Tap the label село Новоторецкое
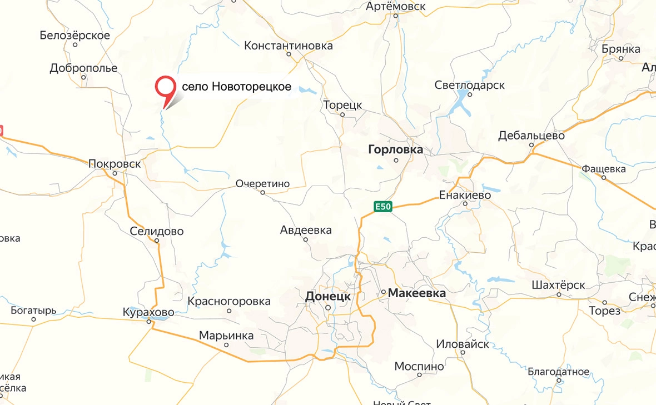tap(237, 88)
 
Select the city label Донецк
tap(328, 297)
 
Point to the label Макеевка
tap(416, 293)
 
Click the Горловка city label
tap(395, 150)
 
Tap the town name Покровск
tap(115, 164)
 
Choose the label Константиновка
tap(289, 46)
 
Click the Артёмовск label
tap(396, 7)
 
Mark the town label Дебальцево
tap(531, 136)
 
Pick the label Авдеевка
tap(306, 230)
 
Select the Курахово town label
tap(148, 312)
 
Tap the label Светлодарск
tap(469, 86)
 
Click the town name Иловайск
tap(463, 344)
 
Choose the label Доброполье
tap(83, 68)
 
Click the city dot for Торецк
tap(342, 115)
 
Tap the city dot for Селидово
tap(157, 241)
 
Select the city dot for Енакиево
tap(465, 204)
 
